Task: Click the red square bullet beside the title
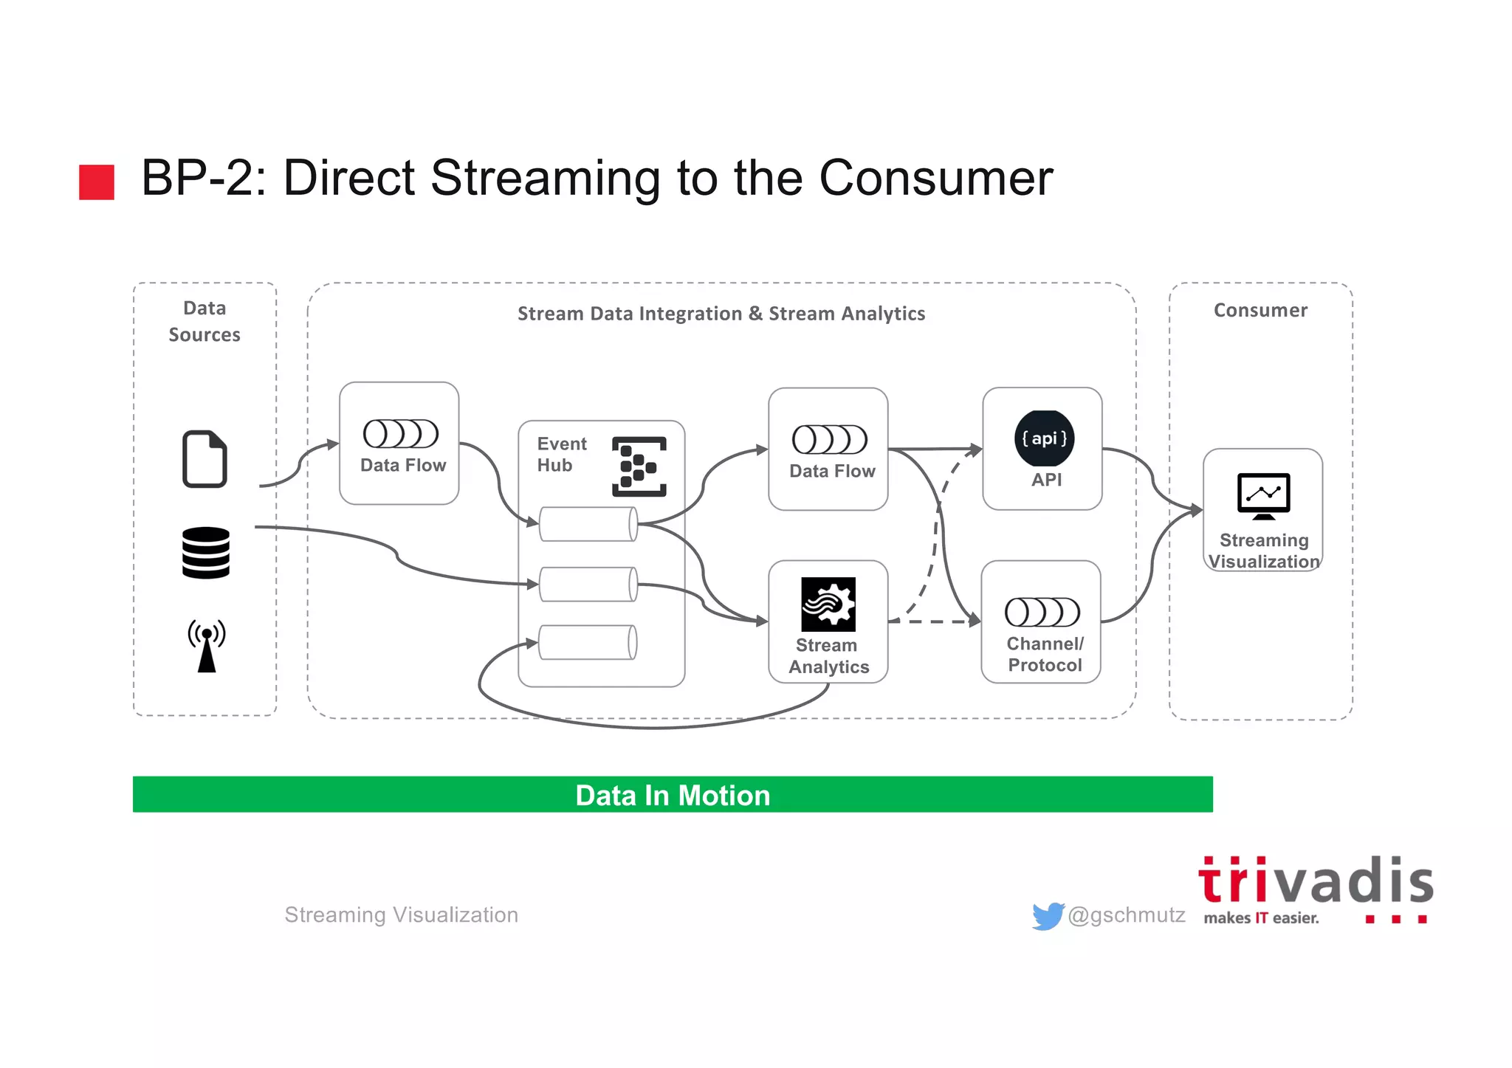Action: (97, 182)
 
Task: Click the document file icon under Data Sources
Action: (205, 458)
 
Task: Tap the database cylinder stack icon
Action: (206, 553)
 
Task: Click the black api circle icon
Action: (1044, 438)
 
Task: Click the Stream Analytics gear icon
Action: (828, 604)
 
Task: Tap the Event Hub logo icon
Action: (639, 466)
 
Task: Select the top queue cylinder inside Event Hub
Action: (588, 524)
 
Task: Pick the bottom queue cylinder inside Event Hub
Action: (588, 642)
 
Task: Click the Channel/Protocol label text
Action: (1045, 655)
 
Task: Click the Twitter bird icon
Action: (1048, 916)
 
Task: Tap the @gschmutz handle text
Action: (1127, 915)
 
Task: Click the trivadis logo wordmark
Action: (1315, 882)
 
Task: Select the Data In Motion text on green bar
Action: (673, 796)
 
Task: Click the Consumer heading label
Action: (1260, 311)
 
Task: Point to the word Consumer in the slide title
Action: (935, 178)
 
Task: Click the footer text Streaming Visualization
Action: (401, 915)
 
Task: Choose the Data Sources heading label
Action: (205, 322)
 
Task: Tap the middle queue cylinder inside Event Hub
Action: (588, 585)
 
